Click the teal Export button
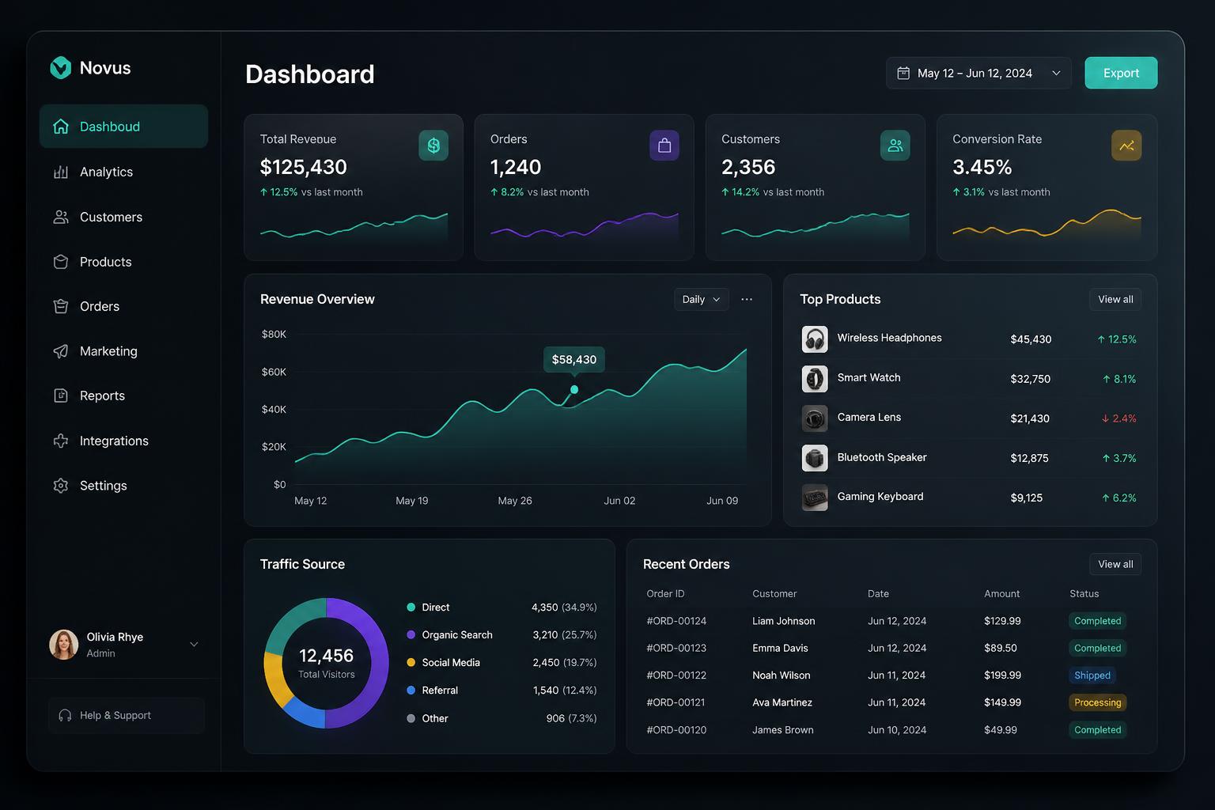[1121, 73]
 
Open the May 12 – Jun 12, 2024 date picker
[978, 73]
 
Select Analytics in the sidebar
[106, 172]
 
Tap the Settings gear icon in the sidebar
[61, 486]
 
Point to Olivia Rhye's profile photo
[64, 645]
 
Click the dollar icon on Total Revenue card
[433, 146]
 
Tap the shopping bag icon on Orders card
[664, 146]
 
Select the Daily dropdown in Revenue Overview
[701, 300]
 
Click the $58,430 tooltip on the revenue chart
[573, 360]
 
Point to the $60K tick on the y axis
[274, 373]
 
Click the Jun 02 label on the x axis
[619, 501]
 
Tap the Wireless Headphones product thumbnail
[815, 339]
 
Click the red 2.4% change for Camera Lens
[1118, 418]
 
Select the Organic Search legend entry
[449, 634]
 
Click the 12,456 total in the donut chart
[327, 656]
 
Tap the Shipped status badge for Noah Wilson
[1092, 676]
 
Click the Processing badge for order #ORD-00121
[1097, 702]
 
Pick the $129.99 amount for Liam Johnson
[1002, 621]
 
